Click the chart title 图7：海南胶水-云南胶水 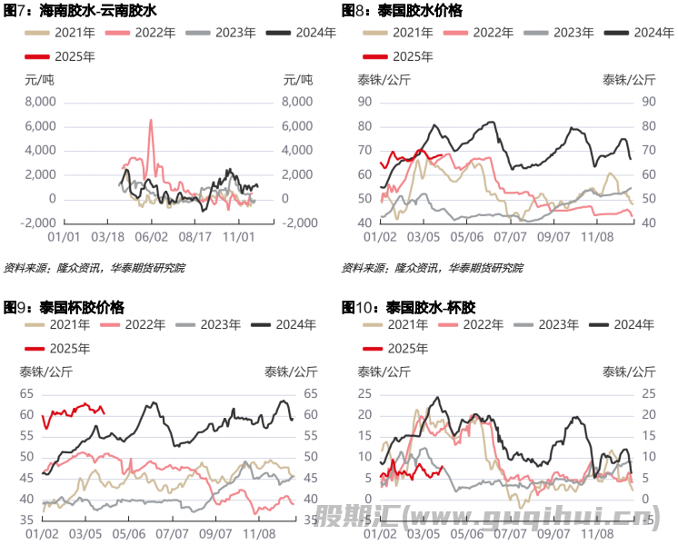(x=81, y=11)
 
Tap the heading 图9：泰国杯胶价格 (x=65, y=307)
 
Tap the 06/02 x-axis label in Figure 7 (x=152, y=235)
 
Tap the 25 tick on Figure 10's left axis (x=364, y=393)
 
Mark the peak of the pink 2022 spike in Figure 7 (x=151, y=120)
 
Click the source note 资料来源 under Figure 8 (x=432, y=268)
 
